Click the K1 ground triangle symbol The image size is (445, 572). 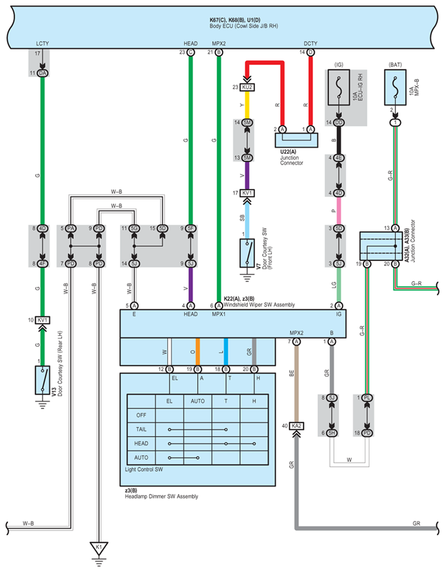coord(99,548)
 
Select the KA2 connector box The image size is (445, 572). coord(297,426)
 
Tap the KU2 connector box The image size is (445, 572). coord(247,88)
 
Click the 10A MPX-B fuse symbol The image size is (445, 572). coord(395,88)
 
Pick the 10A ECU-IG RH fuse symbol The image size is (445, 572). coord(339,88)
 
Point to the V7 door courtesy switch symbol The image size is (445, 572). coord(247,253)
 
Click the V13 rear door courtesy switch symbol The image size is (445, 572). coord(43,380)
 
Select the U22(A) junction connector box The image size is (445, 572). coord(296,140)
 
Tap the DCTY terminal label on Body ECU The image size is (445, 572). coord(310,43)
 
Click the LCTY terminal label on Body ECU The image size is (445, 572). coord(42,43)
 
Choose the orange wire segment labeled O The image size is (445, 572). coord(198,351)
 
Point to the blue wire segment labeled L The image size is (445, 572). coord(226,351)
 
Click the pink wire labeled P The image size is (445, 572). coord(339,211)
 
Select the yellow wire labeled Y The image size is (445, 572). coord(247,105)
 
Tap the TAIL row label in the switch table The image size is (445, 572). coord(141,429)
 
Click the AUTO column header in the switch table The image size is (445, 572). coord(198,401)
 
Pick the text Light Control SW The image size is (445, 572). coord(144,470)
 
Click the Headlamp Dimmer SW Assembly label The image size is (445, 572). coord(161,496)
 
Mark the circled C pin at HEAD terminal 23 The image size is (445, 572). coord(190,53)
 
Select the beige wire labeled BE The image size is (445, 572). coord(297,384)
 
